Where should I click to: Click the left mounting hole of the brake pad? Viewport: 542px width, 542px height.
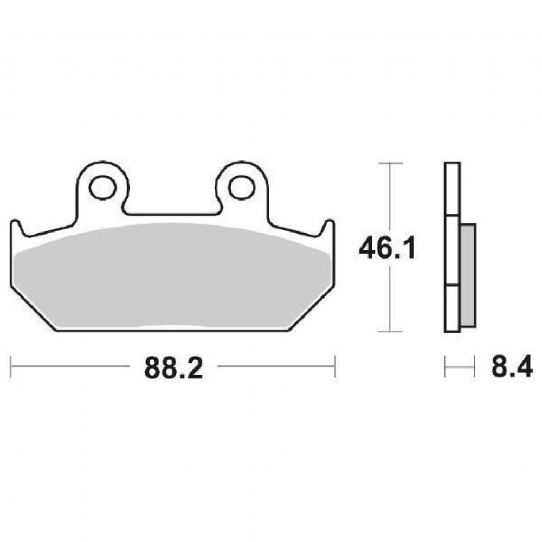click(x=102, y=188)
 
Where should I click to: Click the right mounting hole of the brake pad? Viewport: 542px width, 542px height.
click(x=241, y=188)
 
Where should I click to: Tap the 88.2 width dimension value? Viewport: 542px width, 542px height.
click(x=173, y=368)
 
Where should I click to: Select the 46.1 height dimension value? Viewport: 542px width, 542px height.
click(x=387, y=248)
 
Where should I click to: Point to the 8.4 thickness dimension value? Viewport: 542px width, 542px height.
click(x=512, y=368)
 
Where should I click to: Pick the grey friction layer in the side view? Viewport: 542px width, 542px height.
click(x=468, y=275)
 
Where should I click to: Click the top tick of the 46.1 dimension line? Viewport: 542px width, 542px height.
click(x=391, y=163)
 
